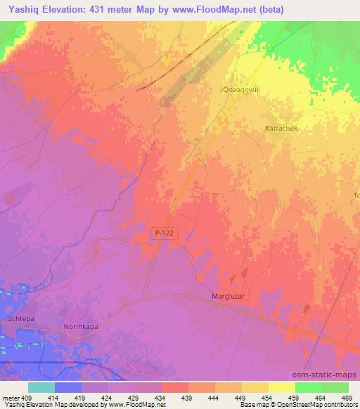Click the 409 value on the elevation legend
point(26,398)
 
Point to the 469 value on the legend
point(347,398)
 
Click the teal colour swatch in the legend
point(41,387)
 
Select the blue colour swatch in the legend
point(68,387)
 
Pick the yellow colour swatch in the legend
point(281,387)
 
